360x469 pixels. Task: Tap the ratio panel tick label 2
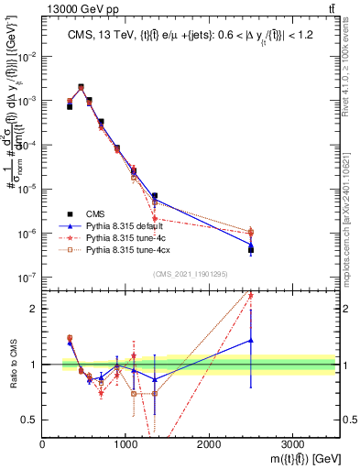[33, 309]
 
